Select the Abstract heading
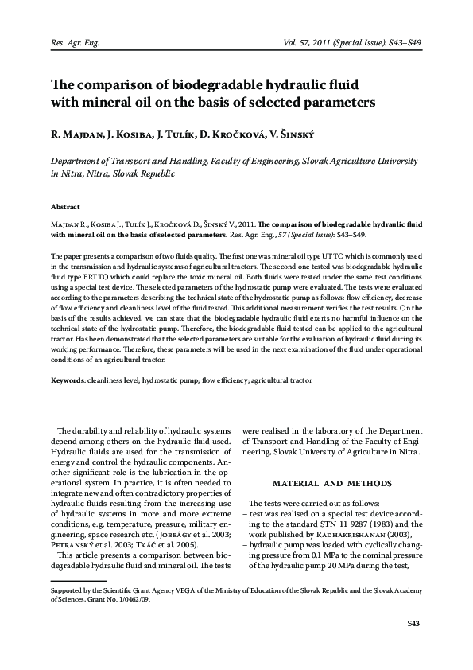[x=65, y=205]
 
